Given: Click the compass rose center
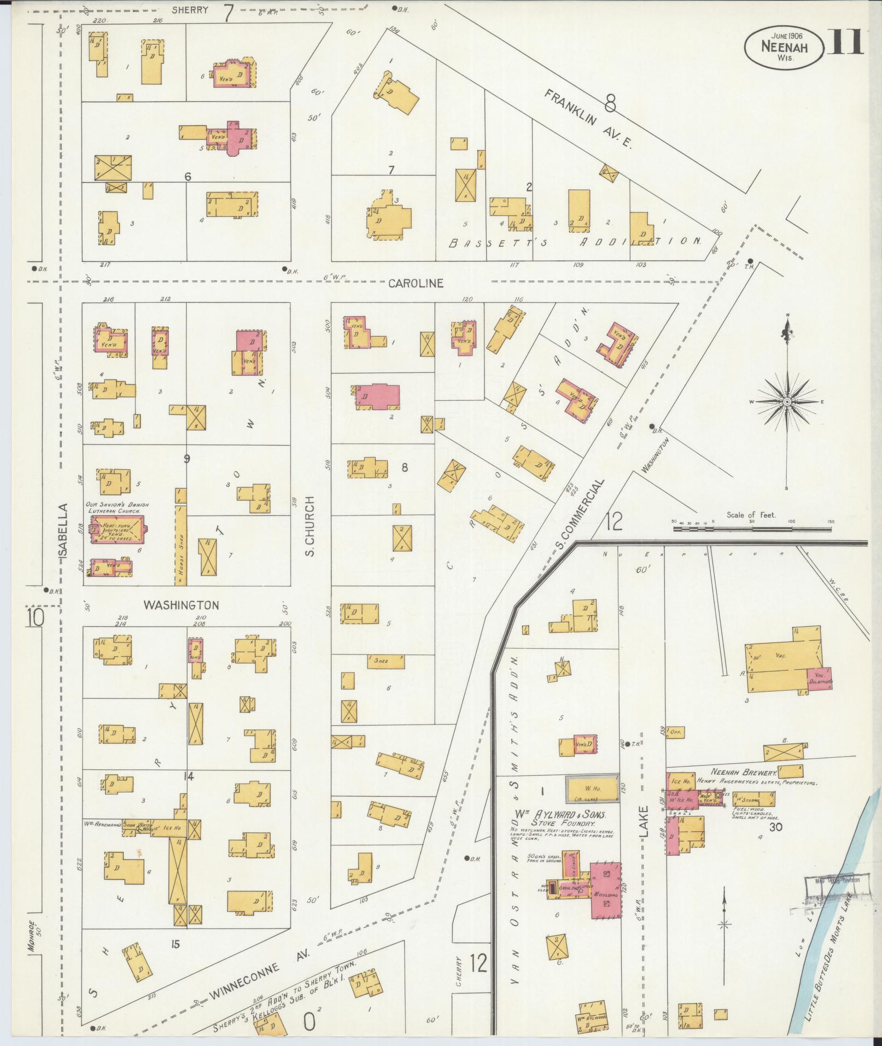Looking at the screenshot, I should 787,402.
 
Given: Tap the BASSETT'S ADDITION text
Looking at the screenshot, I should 574,241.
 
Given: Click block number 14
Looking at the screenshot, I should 189,775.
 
